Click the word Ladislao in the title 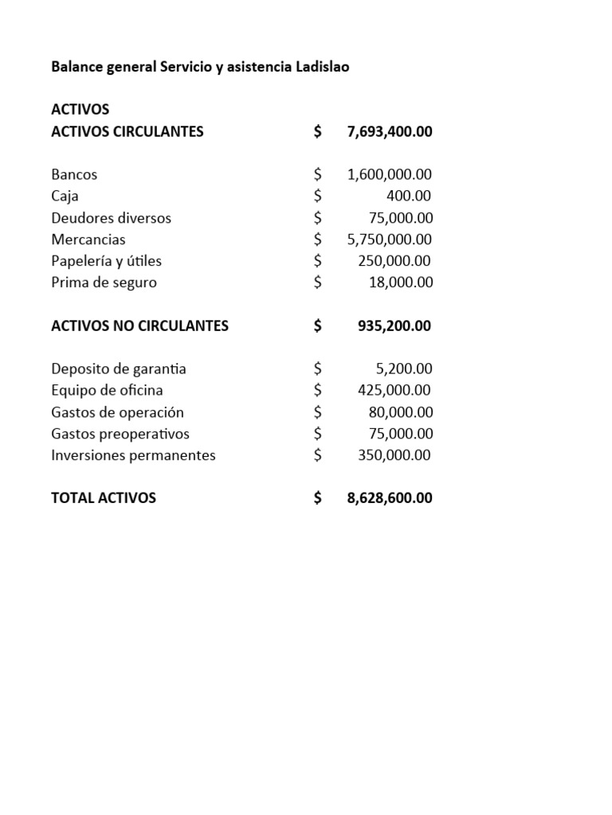(322, 67)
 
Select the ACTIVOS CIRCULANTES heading (127, 131)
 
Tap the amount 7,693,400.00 (390, 131)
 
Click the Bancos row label (74, 174)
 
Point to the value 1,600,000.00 (390, 174)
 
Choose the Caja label (65, 196)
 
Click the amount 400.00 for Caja (408, 196)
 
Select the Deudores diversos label (111, 217)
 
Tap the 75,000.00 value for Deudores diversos (401, 217)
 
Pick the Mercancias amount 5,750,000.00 (390, 239)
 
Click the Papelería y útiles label (106, 260)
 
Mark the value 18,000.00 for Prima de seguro (401, 282)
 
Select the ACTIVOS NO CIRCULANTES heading (139, 326)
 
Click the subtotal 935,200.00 (394, 326)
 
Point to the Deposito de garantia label (119, 369)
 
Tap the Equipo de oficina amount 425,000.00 (394, 390)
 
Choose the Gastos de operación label (117, 412)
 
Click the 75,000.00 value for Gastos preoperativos (401, 434)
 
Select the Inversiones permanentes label (133, 455)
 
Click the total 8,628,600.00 (390, 498)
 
